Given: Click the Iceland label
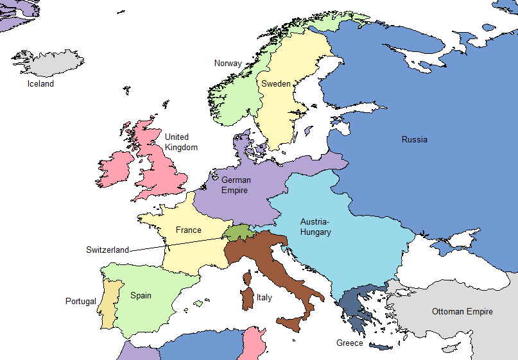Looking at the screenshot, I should point(40,83).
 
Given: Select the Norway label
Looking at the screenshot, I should point(228,64).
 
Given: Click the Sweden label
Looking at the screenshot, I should point(276,84).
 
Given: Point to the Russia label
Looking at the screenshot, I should point(414,139).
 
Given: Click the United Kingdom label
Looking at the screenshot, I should point(180,142).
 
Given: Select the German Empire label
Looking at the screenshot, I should point(236,185).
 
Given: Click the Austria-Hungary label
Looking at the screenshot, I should point(316,227).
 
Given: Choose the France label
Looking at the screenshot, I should point(189,230).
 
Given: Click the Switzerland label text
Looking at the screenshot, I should point(107,250).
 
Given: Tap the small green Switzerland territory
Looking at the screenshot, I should point(236,232).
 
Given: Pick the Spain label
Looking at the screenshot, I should point(141,295).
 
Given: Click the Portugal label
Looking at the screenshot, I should point(81,301).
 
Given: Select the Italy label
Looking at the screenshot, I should point(264,298).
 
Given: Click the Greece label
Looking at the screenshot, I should point(350,343).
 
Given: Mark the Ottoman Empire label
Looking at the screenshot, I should point(462,311).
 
